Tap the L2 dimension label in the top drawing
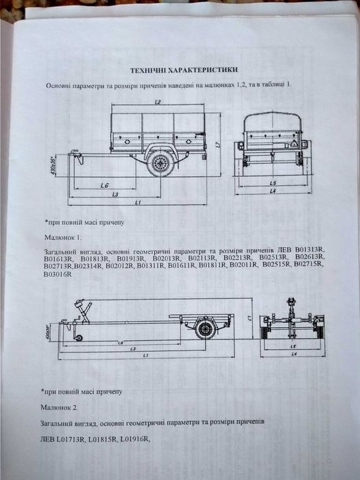point(158,102)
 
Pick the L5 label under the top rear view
point(272,183)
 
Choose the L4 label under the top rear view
point(272,191)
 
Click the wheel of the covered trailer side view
point(161,164)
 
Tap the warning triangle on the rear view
point(291,146)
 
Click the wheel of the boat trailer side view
point(204,328)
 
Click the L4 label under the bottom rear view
point(293,355)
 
